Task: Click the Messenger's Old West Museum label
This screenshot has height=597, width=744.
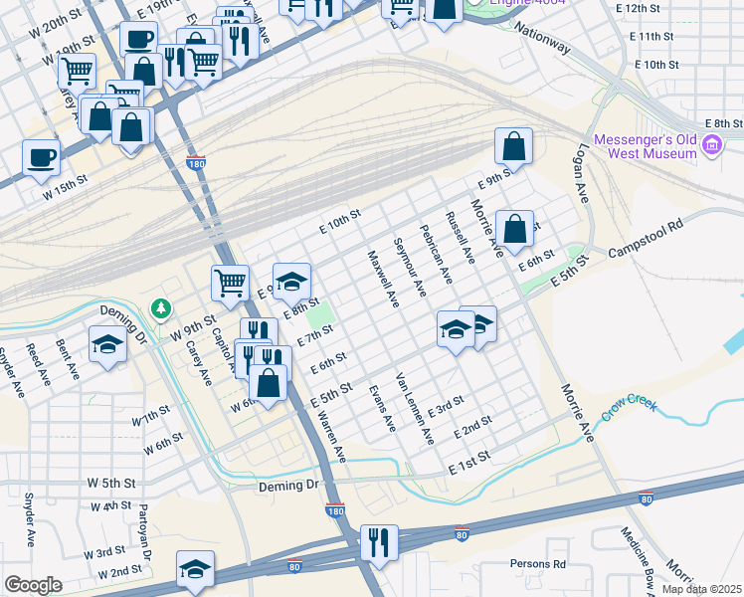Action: pyautogui.click(x=645, y=146)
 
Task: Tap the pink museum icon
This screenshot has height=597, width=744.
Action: pyautogui.click(x=711, y=147)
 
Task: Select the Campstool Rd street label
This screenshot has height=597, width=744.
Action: pyautogui.click(x=649, y=245)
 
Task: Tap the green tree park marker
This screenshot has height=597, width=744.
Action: pyautogui.click(x=160, y=309)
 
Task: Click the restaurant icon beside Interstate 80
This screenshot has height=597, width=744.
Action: pyautogui.click(x=379, y=541)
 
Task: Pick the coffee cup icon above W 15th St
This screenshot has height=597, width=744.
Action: pyautogui.click(x=42, y=156)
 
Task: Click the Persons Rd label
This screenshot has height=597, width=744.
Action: pyautogui.click(x=537, y=564)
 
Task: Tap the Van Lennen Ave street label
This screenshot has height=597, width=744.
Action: pyautogui.click(x=414, y=408)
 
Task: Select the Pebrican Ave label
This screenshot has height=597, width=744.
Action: pyautogui.click(x=436, y=261)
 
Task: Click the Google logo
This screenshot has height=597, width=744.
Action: pyautogui.click(x=33, y=585)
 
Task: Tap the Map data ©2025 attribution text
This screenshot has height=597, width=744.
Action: pyautogui.click(x=701, y=589)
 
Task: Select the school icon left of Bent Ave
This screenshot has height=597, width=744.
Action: pyautogui.click(x=107, y=345)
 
